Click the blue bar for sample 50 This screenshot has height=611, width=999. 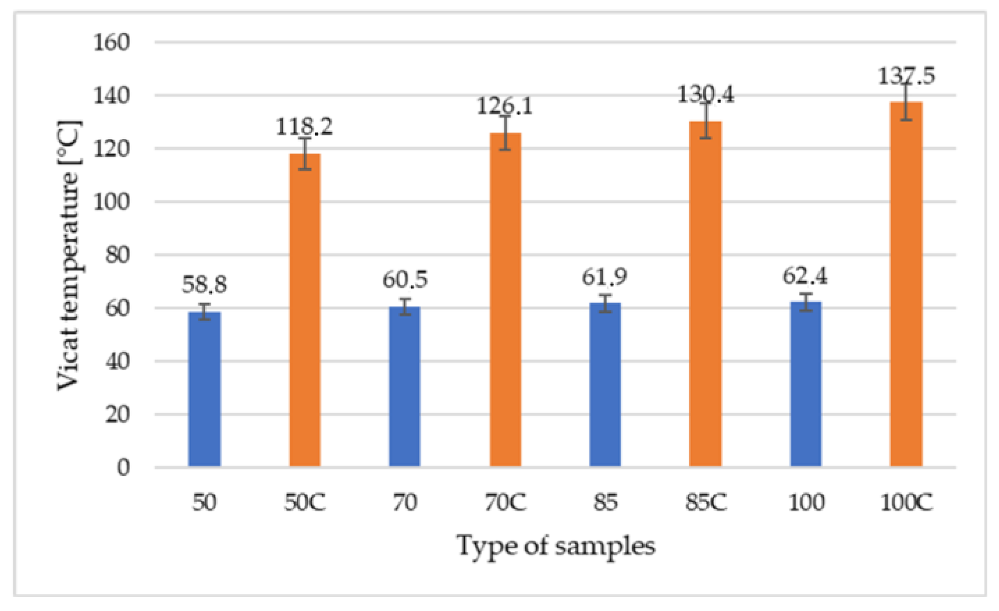pos(204,389)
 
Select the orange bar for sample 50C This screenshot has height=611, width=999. pos(305,310)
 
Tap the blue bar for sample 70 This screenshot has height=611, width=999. pos(405,387)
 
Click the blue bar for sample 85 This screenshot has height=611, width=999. pos(605,384)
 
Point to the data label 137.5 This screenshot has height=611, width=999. pos(906,75)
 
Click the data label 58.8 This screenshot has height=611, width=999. pos(204,284)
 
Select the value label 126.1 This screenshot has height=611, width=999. pos(505,106)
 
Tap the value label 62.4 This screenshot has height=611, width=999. pos(805,276)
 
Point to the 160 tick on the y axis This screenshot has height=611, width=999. pos(111,43)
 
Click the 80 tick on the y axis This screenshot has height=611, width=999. pos(117,255)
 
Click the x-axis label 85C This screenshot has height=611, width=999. pos(706,502)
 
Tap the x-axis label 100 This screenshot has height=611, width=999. pos(806,502)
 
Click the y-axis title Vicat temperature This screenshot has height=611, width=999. pos(69,255)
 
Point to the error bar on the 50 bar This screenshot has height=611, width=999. pos(204,312)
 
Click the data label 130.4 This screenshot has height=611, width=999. pos(705,95)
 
